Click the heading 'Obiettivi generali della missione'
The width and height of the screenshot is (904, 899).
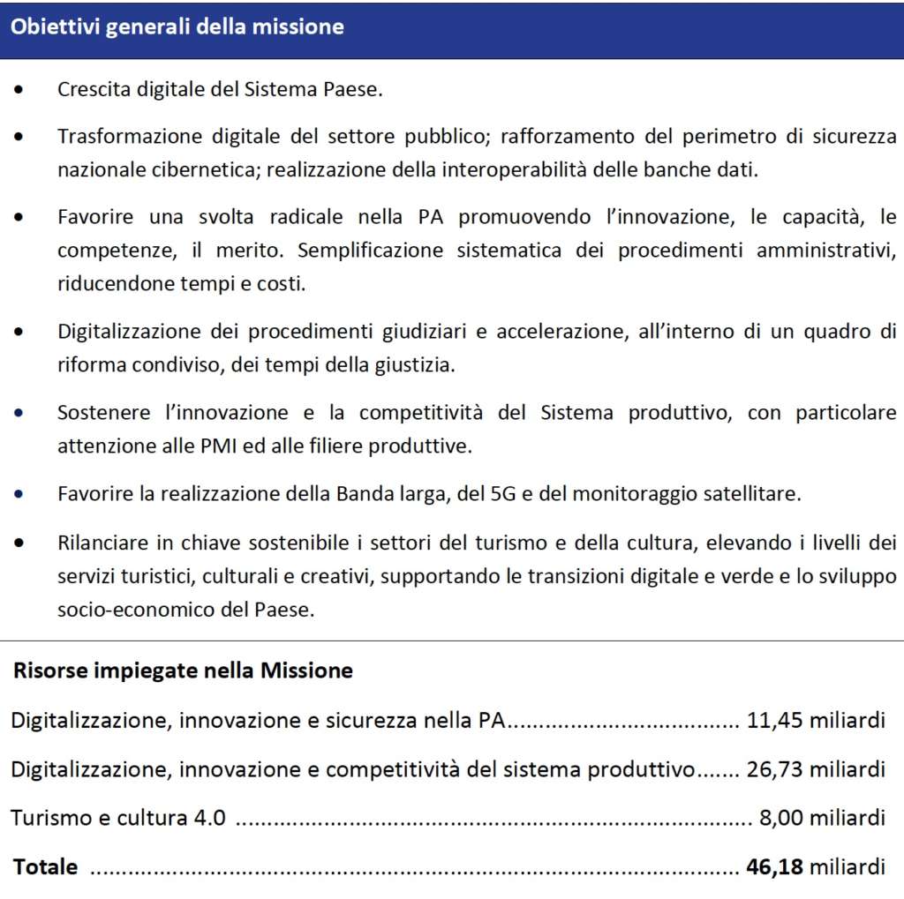coord(177,27)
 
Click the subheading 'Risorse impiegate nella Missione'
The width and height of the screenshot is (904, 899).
coord(183,671)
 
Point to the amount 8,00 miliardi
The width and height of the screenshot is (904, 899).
coord(822,818)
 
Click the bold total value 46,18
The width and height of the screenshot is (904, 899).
coord(774,866)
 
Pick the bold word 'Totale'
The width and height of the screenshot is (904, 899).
coord(45,866)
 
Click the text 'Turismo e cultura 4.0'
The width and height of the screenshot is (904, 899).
coord(118,818)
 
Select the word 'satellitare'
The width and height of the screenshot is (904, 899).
coord(757,493)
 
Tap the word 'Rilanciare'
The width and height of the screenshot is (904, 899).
coord(98,543)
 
